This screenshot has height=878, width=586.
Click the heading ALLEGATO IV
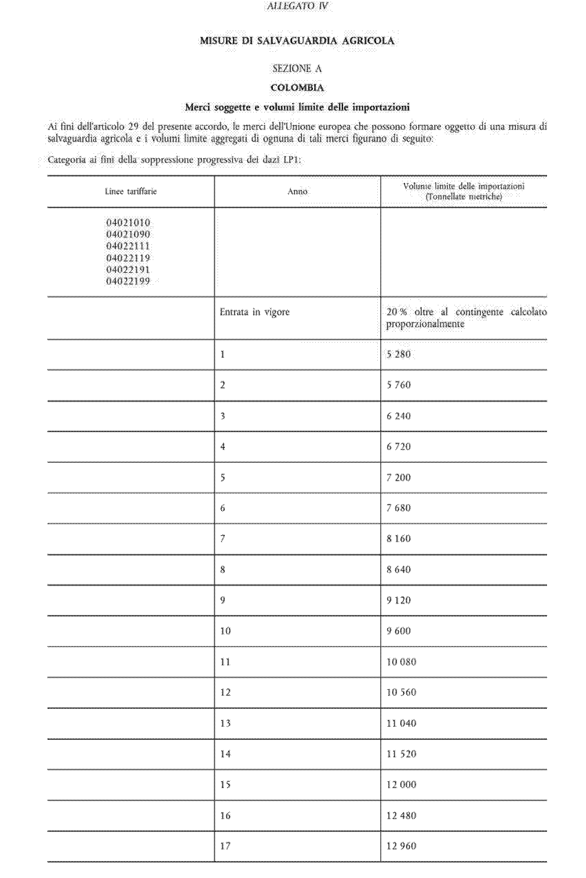[x=297, y=6]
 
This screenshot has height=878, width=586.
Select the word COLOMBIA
[x=297, y=88]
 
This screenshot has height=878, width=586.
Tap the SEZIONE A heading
[x=297, y=69]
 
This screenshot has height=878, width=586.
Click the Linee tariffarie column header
[x=131, y=192]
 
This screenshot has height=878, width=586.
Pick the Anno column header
[x=297, y=192]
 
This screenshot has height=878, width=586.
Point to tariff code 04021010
[x=128, y=223]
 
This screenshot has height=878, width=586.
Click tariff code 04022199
[x=128, y=281]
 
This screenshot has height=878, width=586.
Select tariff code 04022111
[x=128, y=246]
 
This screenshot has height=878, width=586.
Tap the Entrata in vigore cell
[x=254, y=312]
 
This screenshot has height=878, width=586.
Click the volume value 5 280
[x=398, y=354]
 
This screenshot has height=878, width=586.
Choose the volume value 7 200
[x=398, y=477]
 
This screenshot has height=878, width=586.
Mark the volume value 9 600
[x=398, y=631]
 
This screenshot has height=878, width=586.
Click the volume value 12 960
[x=401, y=846]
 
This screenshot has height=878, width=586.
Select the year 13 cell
[x=226, y=723]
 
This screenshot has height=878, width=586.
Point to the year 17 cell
[x=226, y=846]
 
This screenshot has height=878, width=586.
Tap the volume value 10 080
[x=401, y=662]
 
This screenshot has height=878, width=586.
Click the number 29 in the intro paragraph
[x=134, y=126]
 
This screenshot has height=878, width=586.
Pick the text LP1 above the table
[x=292, y=160]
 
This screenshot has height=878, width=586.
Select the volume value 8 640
[x=398, y=570]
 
